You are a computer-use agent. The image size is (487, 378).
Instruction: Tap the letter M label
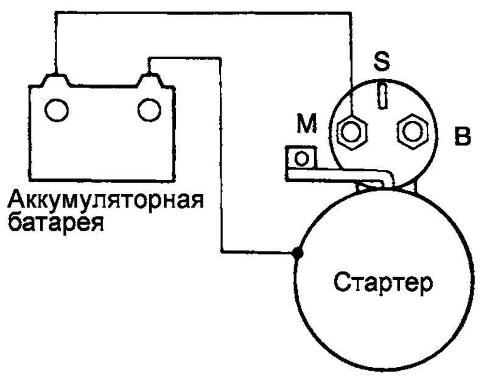pos(307,123)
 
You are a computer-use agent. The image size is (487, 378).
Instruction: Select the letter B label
pos(463,136)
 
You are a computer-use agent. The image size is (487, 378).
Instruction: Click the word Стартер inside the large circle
pos(383,282)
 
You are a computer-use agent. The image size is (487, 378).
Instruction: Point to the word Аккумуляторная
pos(105,200)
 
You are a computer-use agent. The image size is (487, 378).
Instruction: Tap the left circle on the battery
pos(57,110)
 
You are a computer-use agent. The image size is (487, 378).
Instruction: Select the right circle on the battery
pos(149,110)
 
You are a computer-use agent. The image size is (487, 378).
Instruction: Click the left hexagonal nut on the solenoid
pos(352,132)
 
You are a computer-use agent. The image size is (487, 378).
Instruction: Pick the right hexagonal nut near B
pos(413,131)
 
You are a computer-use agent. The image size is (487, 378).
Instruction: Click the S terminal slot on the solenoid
pos(383,96)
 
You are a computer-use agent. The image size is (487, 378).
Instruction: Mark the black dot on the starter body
pos(297,253)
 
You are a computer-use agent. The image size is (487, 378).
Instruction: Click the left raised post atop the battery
pos(56,80)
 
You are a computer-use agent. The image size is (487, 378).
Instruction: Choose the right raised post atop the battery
pos(149,80)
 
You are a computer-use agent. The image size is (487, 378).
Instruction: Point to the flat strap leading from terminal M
pos(338,175)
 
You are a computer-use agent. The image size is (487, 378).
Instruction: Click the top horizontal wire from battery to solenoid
pos(203,12)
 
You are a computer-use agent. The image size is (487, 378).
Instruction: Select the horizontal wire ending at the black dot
pos(258,251)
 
